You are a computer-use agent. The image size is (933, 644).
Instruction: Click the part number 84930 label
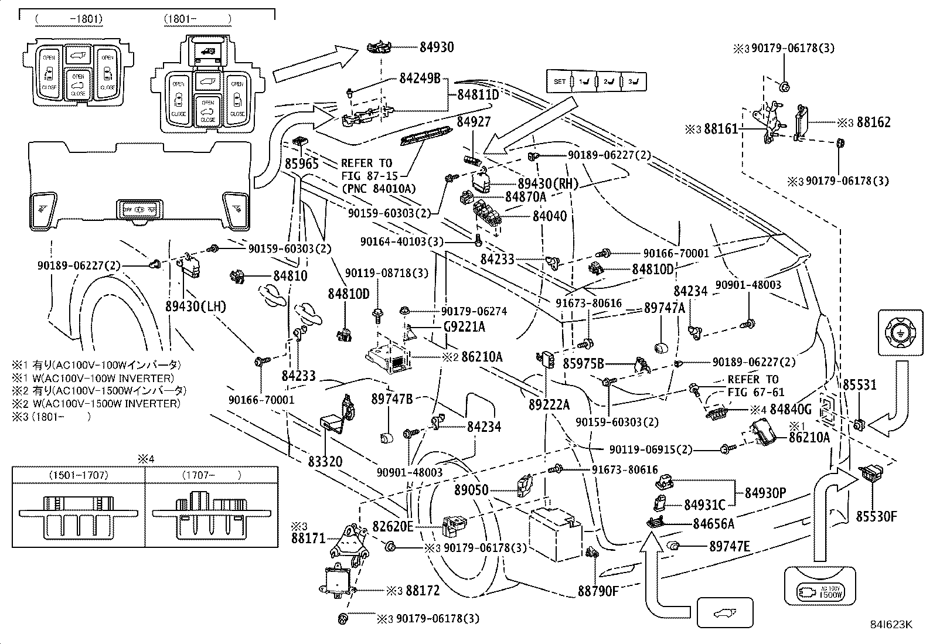[436, 47]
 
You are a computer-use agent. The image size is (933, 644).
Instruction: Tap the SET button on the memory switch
[560, 81]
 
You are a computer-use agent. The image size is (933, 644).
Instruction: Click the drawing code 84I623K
[890, 625]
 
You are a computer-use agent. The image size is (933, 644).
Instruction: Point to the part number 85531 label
[860, 385]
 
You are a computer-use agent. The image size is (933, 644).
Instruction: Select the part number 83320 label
[325, 462]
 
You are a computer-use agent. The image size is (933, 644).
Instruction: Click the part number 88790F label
[598, 591]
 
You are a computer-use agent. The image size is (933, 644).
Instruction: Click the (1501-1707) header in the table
[79, 475]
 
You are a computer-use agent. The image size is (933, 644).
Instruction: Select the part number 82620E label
[393, 526]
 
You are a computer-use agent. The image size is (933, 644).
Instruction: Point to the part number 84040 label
[549, 216]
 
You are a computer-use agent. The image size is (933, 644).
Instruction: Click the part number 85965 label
[302, 164]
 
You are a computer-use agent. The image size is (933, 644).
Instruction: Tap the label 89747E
[729, 546]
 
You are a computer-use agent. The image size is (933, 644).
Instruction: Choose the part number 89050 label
[471, 490]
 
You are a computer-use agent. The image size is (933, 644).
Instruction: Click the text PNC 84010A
[379, 188]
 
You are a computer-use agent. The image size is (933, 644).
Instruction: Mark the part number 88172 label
[422, 591]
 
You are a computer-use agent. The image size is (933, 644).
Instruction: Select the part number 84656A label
[713, 524]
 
